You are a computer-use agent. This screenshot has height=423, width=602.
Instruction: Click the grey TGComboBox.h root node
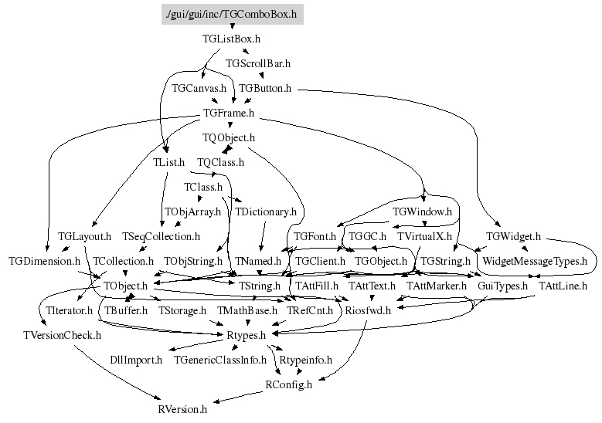coord(233,14)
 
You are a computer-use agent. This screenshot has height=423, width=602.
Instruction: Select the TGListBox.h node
coord(232,39)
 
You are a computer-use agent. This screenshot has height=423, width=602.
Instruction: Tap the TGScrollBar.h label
coord(258,63)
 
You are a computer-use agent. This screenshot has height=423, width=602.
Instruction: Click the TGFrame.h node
coord(229,113)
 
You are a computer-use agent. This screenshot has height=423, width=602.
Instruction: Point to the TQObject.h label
coord(229,137)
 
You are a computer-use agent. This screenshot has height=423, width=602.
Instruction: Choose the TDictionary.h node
coord(266,211)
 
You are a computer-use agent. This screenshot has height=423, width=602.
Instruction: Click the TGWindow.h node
coord(422,211)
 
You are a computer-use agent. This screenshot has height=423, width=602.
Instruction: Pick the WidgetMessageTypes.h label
coord(535,261)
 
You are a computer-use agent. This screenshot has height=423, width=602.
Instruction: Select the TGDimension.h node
coord(45,261)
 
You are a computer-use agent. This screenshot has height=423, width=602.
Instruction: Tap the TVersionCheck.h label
coord(62,335)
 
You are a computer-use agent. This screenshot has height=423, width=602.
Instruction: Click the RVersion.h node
coord(182,409)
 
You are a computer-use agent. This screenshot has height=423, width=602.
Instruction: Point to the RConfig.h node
coord(289,384)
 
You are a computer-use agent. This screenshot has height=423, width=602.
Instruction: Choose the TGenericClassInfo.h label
coord(220,360)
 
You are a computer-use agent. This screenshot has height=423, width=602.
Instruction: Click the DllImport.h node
coord(136,360)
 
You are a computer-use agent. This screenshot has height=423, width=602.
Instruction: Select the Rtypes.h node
coord(246,335)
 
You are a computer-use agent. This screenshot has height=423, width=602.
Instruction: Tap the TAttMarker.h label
coord(437,286)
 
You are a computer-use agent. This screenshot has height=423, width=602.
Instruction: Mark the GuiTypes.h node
coord(502,286)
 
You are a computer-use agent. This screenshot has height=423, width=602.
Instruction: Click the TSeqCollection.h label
coord(162,236)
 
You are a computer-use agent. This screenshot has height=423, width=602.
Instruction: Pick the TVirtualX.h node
coord(424,236)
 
